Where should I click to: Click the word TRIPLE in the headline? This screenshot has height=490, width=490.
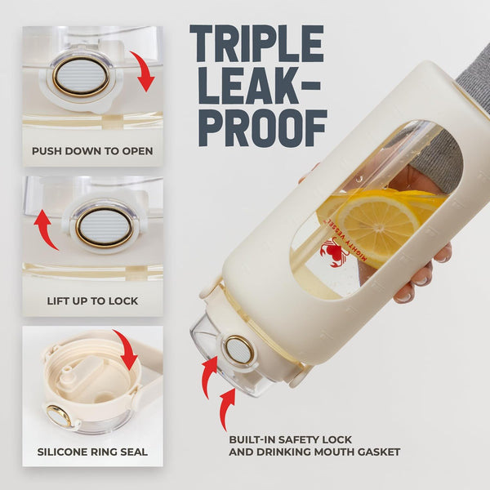[x=256, y=43]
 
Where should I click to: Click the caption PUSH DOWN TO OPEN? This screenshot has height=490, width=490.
[x=92, y=151]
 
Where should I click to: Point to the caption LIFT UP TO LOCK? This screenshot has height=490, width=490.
[x=92, y=301]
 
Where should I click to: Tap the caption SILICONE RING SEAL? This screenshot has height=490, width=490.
[x=92, y=452]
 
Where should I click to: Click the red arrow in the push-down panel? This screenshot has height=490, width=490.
[x=143, y=71]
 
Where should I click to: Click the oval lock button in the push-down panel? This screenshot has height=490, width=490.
[x=81, y=76]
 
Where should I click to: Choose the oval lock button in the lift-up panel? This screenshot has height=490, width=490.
[x=105, y=226]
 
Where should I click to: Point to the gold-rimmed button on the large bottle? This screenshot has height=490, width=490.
[x=238, y=350]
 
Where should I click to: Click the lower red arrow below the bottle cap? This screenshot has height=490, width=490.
[x=226, y=409]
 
